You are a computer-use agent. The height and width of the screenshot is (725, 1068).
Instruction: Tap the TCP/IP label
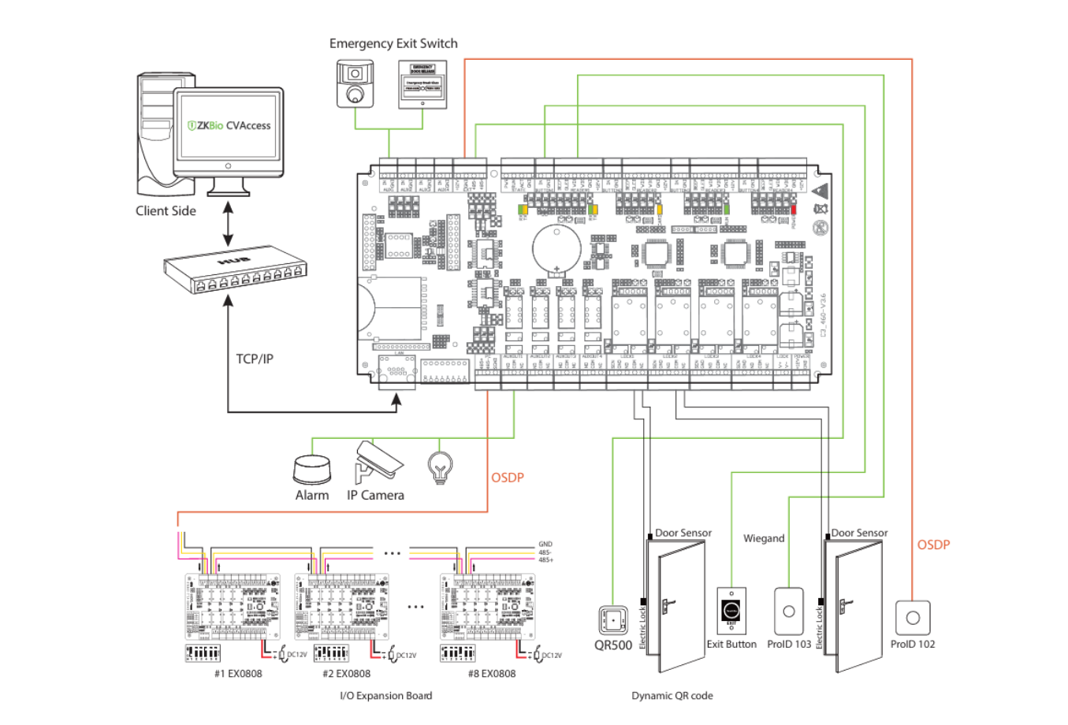[255, 359]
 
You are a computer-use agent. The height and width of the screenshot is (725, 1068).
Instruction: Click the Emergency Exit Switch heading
[393, 43]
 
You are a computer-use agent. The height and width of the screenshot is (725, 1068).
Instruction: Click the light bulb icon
[440, 467]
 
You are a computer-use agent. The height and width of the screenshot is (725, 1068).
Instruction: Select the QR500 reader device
[612, 621]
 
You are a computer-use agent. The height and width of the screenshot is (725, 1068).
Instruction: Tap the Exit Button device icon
[731, 612]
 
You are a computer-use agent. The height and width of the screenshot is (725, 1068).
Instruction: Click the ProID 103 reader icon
[789, 612]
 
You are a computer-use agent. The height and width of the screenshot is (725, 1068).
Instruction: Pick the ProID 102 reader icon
[913, 618]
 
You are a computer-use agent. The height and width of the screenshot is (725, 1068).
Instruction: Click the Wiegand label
[764, 538]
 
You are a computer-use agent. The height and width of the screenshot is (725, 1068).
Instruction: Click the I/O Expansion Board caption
[385, 695]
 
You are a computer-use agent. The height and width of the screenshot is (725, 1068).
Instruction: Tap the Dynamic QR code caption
[672, 695]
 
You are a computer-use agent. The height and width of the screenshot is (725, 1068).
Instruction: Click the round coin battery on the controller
[556, 248]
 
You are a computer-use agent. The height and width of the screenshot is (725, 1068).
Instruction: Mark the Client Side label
[166, 210]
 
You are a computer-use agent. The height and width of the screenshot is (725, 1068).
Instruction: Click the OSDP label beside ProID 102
[933, 545]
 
